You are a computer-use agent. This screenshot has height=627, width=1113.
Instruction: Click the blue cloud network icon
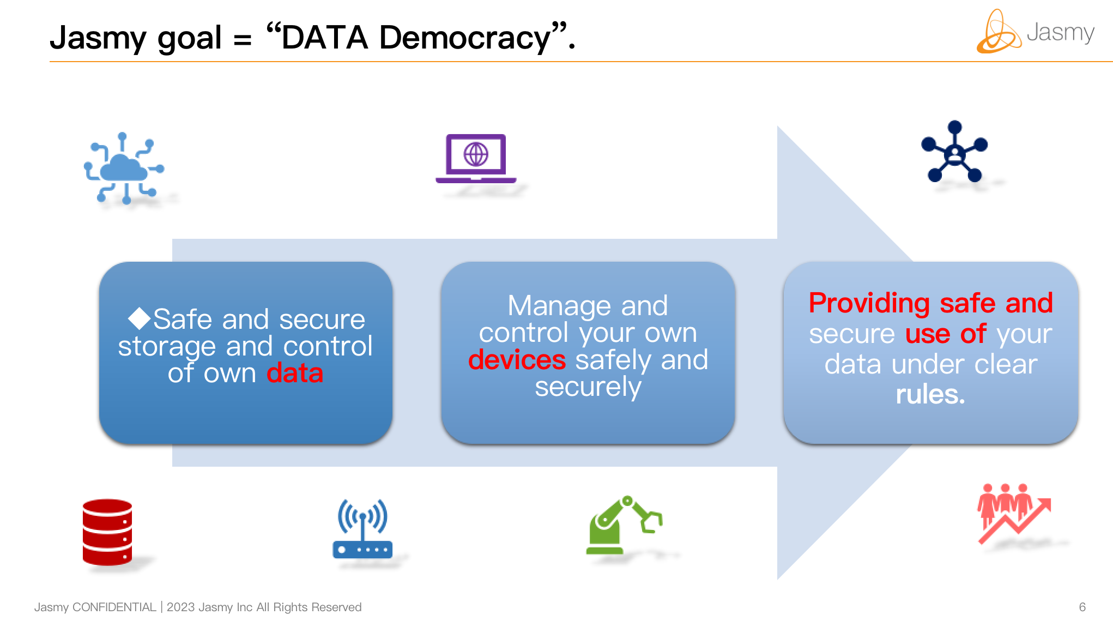[124, 168]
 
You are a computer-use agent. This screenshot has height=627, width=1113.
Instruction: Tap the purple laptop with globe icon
[476, 158]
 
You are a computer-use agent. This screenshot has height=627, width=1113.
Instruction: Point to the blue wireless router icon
[362, 529]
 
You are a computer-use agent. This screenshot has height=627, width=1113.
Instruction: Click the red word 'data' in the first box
[295, 373]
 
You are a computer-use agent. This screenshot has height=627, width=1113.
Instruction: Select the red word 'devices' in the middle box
[517, 360]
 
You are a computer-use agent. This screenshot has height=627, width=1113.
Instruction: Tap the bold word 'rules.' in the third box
[930, 394]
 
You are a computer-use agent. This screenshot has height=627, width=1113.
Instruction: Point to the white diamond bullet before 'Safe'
[140, 318]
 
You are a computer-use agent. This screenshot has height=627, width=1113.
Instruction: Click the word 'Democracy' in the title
[465, 38]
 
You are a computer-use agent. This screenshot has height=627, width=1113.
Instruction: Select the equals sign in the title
[243, 40]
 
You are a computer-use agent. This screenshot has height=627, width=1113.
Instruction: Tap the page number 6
[1082, 607]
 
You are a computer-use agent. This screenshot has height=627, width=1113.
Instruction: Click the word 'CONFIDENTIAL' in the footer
[114, 607]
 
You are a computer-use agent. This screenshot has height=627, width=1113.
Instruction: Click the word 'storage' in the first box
[167, 347]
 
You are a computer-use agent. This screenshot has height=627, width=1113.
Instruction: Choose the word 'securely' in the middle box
[588, 388]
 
